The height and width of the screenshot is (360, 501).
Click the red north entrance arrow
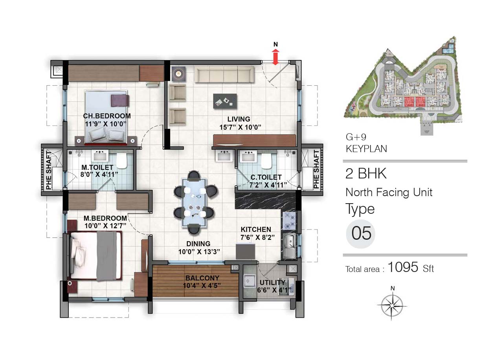(x=275, y=57)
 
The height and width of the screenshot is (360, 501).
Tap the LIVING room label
(x=239, y=119)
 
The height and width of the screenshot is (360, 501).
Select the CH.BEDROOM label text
(x=107, y=116)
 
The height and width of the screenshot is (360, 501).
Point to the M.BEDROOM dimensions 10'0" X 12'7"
(x=105, y=226)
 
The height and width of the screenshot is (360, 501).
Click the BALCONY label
(x=202, y=278)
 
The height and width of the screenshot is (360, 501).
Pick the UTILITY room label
(x=272, y=283)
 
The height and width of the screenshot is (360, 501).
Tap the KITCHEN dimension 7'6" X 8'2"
(x=257, y=237)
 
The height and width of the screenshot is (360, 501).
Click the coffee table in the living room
(x=225, y=101)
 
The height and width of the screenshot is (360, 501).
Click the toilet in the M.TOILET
(x=122, y=161)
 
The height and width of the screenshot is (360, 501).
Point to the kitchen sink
(x=290, y=246)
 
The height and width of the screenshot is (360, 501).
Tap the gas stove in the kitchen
(x=290, y=220)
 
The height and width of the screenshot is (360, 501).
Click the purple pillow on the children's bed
(x=120, y=101)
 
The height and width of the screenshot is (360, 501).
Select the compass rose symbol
(x=393, y=305)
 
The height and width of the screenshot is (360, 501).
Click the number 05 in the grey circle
(x=361, y=233)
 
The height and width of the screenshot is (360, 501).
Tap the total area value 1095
(x=403, y=267)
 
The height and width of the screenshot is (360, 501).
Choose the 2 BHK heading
(x=366, y=173)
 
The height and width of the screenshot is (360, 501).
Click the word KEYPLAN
(x=366, y=149)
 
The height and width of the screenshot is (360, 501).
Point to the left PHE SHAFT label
(x=49, y=170)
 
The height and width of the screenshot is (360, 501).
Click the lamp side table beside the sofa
(x=178, y=73)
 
